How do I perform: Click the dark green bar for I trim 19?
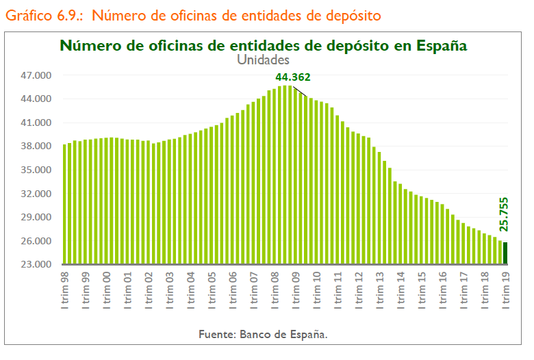506,253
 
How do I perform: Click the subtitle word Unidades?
264,60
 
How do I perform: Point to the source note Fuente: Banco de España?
264,335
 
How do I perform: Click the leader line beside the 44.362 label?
300,90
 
